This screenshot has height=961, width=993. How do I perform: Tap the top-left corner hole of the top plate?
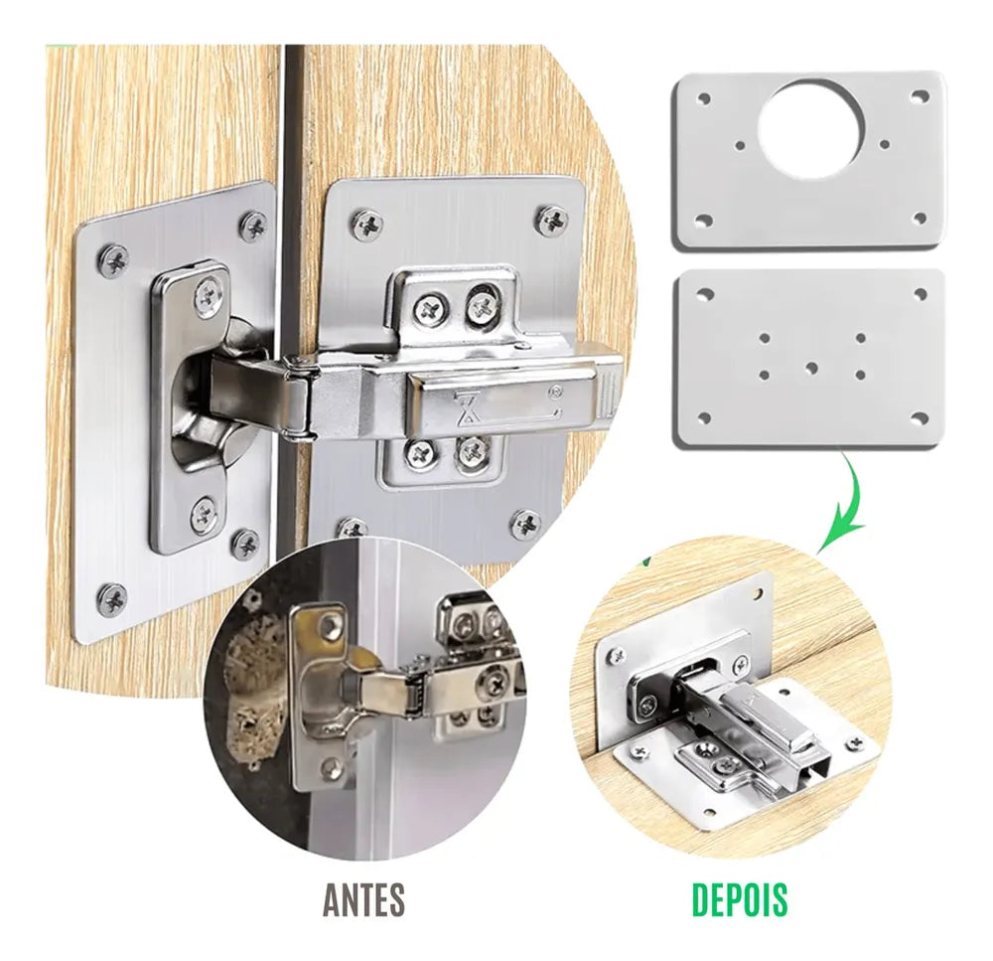pos(703,99)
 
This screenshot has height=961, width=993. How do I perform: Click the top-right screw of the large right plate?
pos(553,220)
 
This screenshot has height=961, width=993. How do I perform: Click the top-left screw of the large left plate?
pos(113,259)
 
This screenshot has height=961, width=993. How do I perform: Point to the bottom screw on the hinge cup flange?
pos(204,511)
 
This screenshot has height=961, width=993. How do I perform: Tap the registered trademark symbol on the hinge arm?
pos(557,392)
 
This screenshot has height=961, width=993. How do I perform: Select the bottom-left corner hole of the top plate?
pos(704,220)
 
